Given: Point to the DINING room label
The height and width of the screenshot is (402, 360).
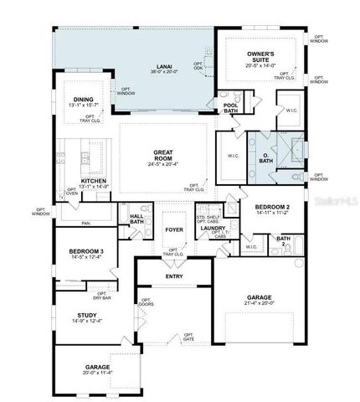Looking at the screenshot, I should coord(83,99).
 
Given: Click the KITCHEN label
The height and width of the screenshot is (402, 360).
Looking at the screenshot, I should coord(94,181).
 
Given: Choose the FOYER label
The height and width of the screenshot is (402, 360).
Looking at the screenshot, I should coord(173,228).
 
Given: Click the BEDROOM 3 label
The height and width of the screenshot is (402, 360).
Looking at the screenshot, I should coord(87,251).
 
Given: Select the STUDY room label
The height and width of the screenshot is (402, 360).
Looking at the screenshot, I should coord(87,316).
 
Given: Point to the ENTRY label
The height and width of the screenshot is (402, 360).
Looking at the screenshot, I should coord(174,276).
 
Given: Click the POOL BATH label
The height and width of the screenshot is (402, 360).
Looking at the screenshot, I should coord(231,105).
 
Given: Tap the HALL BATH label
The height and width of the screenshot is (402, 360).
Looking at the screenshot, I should coord(136,218).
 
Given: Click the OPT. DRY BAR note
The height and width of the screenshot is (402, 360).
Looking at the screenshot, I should coord(102,295).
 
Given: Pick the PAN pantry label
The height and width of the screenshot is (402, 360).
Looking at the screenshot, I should coord(85,224).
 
